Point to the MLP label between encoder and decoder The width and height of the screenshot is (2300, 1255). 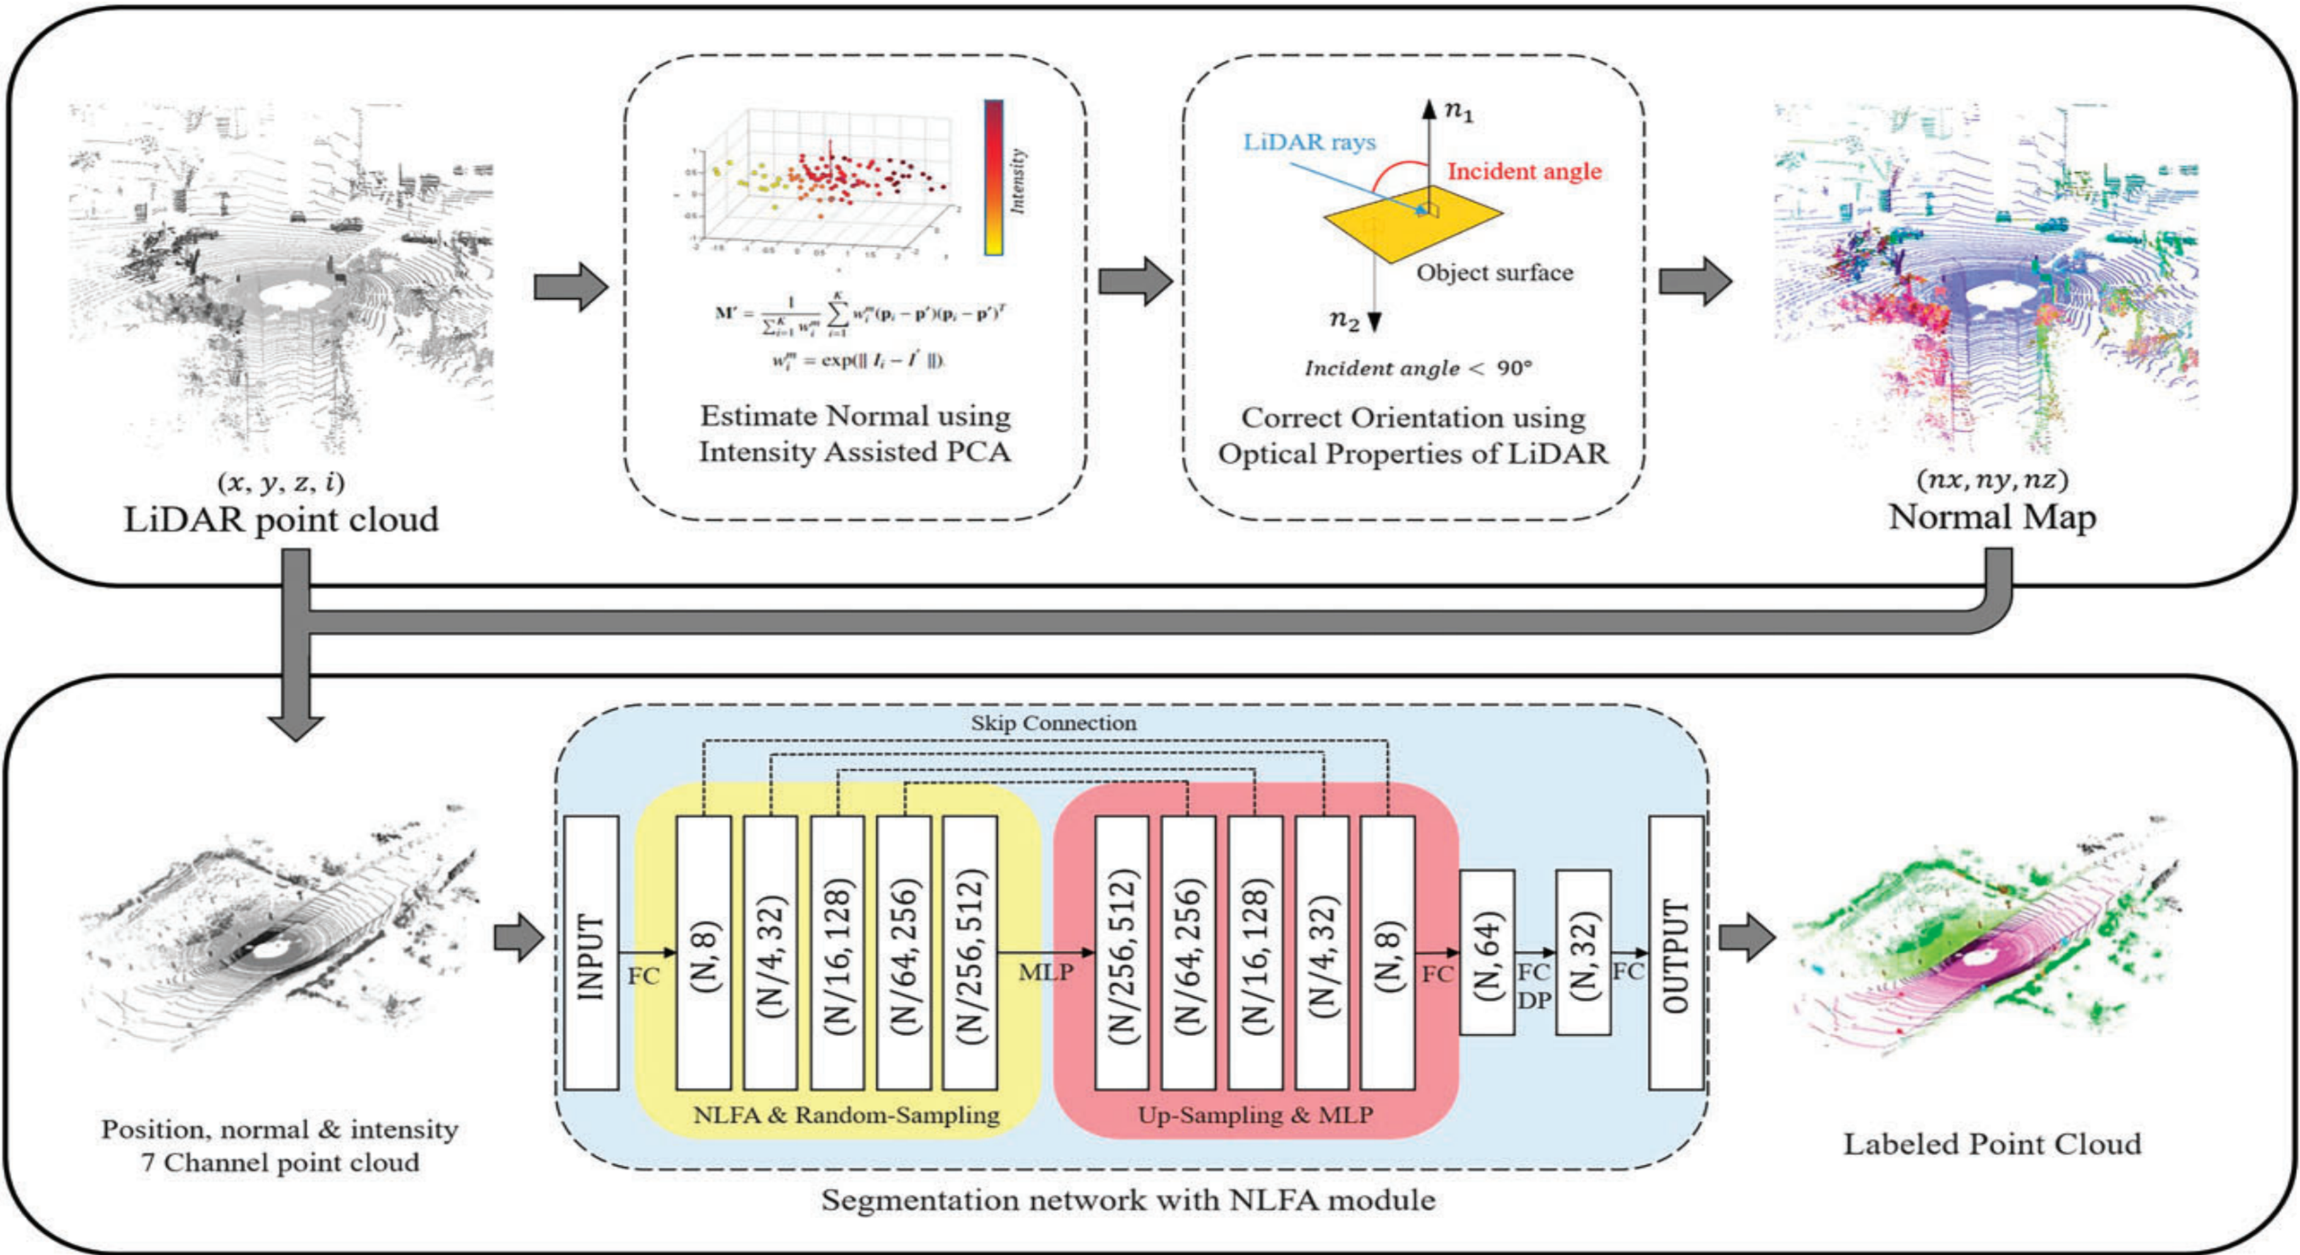coord(1045,972)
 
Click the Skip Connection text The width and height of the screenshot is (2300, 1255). coord(1054,722)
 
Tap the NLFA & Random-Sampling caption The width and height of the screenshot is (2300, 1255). coord(846,1115)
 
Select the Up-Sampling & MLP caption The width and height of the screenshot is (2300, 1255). coord(1255,1115)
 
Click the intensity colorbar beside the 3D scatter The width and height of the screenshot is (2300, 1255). coord(994,178)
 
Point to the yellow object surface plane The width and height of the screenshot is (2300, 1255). coord(1410,223)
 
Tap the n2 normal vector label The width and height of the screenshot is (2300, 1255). coord(1344,320)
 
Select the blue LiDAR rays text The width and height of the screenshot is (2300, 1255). coord(1309,142)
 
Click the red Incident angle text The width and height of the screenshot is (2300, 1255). coord(1524,171)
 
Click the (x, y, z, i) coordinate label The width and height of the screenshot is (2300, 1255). coord(280,483)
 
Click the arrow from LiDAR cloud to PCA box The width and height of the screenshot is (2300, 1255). coord(570,287)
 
